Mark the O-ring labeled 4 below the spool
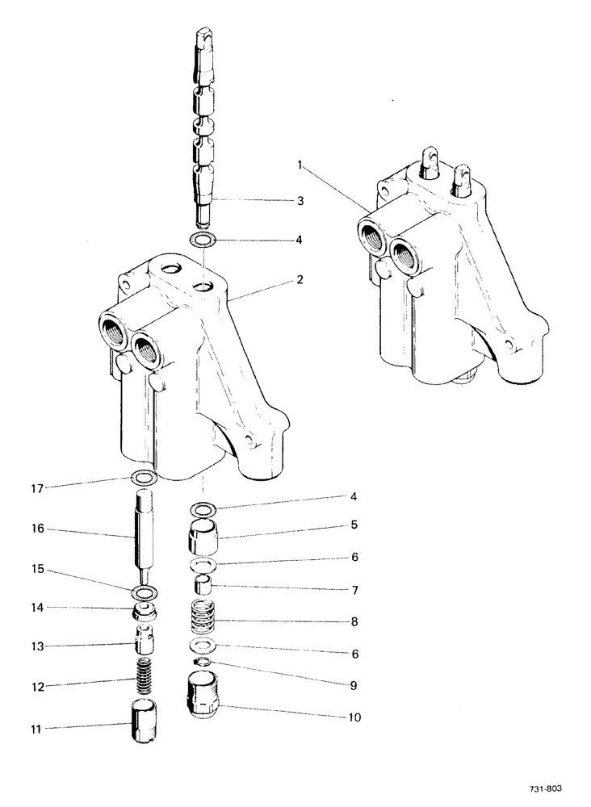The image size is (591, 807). pos(204,240)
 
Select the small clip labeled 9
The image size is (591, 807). pos(204,663)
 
